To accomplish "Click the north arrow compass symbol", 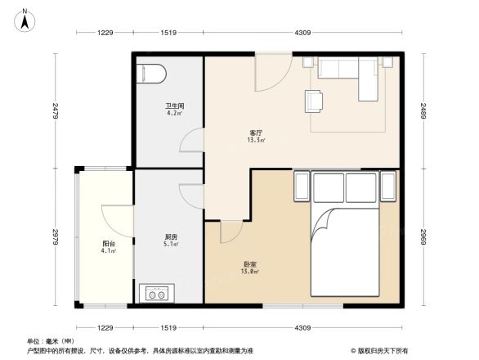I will tap(26, 19).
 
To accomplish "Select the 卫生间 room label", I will tap(174, 106).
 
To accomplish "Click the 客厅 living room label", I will tap(256, 134).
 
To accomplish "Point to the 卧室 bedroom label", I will tap(251, 267).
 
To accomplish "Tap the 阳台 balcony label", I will tap(108, 244).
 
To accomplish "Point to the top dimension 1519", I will tap(169, 32).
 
